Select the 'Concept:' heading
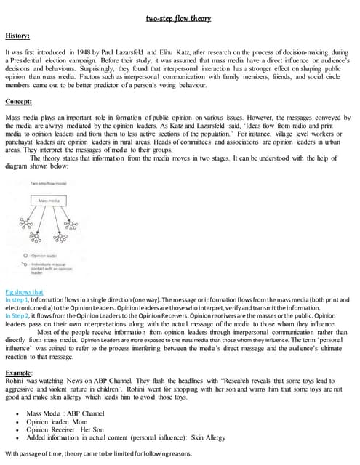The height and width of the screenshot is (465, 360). coord(21,101)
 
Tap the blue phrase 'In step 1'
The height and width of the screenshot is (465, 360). coord(17,299)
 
